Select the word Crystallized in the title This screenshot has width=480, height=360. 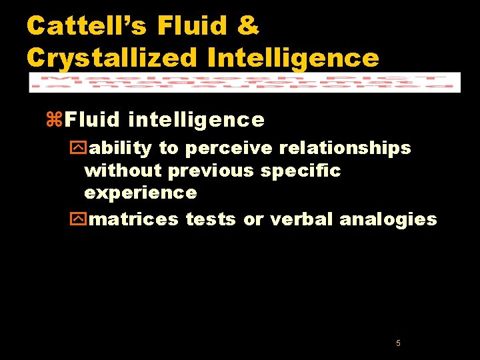point(112,57)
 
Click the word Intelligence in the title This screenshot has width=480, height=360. point(293,57)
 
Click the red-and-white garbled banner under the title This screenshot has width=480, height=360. point(245,82)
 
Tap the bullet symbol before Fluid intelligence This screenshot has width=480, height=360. point(55,120)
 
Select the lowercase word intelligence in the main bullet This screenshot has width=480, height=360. point(196,120)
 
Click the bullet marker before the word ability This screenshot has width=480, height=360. point(80,148)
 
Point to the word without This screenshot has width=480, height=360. point(123,171)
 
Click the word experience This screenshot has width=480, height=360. point(141,193)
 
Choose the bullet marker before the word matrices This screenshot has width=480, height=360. point(80,219)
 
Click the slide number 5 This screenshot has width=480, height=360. point(398,343)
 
